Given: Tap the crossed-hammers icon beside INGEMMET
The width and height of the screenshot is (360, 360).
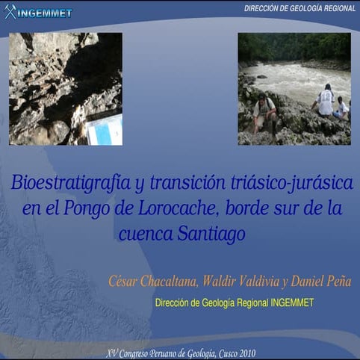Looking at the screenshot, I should [x=10, y=12].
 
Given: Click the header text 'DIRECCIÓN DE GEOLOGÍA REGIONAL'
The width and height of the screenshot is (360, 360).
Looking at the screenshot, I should [x=300, y=7].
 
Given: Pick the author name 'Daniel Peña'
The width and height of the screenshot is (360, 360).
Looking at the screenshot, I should [x=320, y=282].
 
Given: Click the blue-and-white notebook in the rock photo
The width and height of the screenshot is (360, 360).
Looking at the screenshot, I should [x=104, y=128].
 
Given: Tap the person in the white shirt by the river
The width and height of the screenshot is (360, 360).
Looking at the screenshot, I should [x=326, y=101].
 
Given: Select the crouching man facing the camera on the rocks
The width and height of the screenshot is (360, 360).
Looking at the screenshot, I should [x=264, y=113].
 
